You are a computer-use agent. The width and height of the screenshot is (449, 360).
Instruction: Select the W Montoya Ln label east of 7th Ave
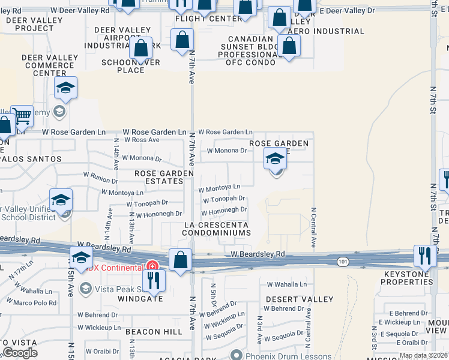(219, 188)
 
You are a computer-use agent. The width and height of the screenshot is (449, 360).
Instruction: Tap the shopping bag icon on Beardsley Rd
(180, 259)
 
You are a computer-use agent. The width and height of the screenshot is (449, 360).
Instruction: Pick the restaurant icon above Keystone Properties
(424, 256)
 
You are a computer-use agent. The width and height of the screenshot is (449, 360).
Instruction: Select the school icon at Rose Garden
(275, 159)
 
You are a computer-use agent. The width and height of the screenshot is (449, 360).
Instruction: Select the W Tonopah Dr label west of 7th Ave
(147, 203)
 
